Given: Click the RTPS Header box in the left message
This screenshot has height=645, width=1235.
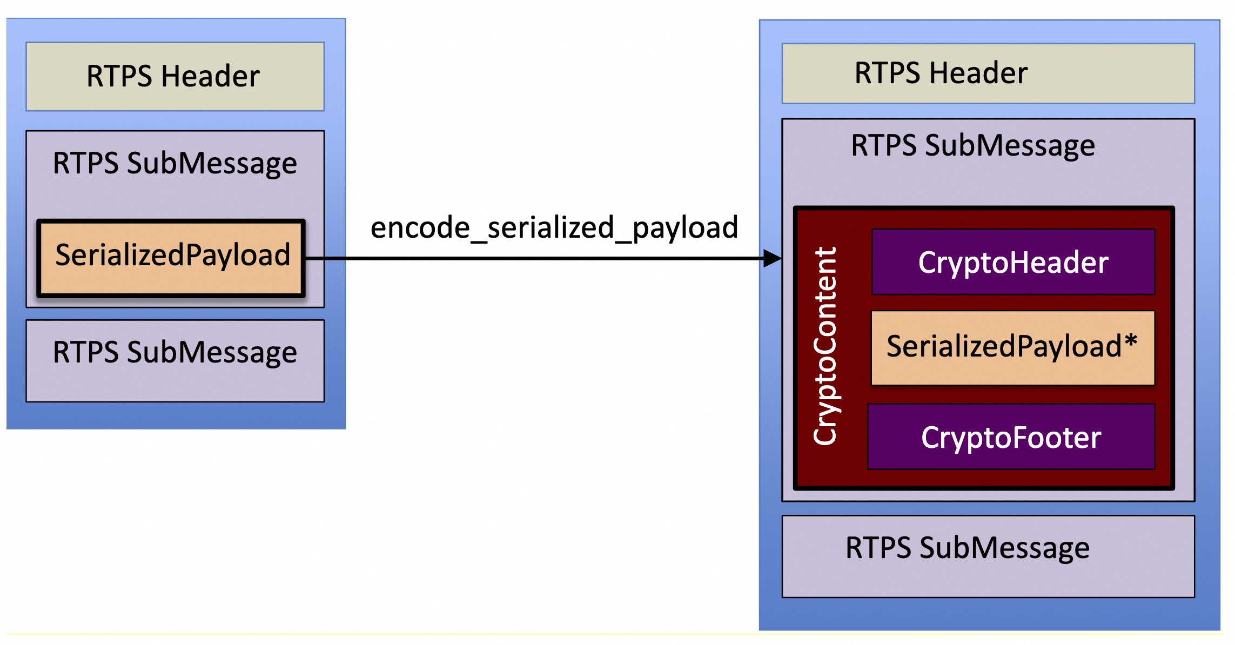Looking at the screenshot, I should click(x=174, y=76).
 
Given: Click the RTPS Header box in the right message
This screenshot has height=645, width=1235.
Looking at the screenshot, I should click(x=988, y=73).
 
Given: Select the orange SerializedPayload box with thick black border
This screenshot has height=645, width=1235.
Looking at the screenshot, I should click(x=171, y=258).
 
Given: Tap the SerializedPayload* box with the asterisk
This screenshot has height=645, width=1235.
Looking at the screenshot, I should click(x=1012, y=347).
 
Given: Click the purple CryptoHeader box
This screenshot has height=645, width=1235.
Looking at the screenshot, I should click(x=1013, y=262).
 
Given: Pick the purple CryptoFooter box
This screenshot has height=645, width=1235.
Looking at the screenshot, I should click(x=1011, y=436).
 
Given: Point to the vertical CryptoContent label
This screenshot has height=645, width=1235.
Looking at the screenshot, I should click(x=825, y=346).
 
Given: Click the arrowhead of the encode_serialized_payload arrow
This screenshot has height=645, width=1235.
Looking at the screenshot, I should click(x=773, y=258).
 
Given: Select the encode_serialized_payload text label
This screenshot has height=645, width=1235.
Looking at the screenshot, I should click(x=554, y=227).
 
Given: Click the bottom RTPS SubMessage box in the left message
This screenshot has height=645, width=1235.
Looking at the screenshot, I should click(x=174, y=360).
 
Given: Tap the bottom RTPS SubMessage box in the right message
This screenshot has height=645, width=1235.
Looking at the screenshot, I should click(x=988, y=555).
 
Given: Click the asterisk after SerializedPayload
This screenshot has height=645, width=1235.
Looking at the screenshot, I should click(x=1131, y=341).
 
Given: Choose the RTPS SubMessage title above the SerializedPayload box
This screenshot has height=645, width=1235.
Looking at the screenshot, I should click(x=174, y=163).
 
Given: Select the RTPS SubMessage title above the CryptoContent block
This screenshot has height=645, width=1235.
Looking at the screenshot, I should click(x=972, y=145).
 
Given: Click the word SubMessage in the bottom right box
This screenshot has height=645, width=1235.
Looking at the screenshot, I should click(x=1004, y=548).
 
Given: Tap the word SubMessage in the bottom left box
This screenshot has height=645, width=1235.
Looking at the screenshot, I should click(x=212, y=352).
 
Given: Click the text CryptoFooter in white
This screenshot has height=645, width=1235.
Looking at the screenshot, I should click(x=1011, y=437).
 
